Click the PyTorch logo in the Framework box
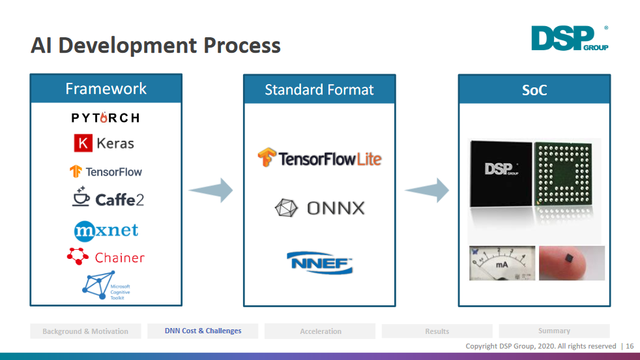tap(105, 117)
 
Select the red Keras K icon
tap(83, 143)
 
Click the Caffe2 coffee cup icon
tap(81, 197)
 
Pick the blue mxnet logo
tap(106, 230)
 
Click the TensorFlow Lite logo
tap(319, 158)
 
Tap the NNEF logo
tap(319, 262)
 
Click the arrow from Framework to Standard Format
tap(211, 190)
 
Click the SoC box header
tap(534, 90)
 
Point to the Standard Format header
tap(319, 90)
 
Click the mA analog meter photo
tap(501, 263)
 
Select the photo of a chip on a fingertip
tap(572, 263)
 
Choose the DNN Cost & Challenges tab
tap(203, 331)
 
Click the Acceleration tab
tap(320, 331)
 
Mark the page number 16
tap(630, 346)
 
